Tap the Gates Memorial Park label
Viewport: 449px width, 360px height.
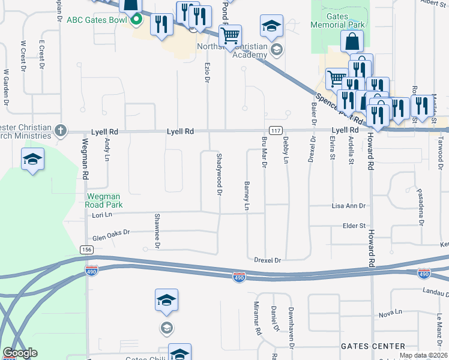coord(338,21)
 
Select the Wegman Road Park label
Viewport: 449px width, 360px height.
coord(96,200)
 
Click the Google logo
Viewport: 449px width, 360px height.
coord(20,353)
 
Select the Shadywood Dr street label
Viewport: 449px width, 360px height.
coord(218,173)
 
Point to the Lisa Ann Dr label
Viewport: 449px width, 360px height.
coord(348,206)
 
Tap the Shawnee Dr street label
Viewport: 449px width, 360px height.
coord(157,230)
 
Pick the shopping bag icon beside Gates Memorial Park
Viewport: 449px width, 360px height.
coord(352,41)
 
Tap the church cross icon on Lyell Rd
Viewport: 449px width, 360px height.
coord(59,130)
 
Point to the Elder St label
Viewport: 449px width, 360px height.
coord(354,226)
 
